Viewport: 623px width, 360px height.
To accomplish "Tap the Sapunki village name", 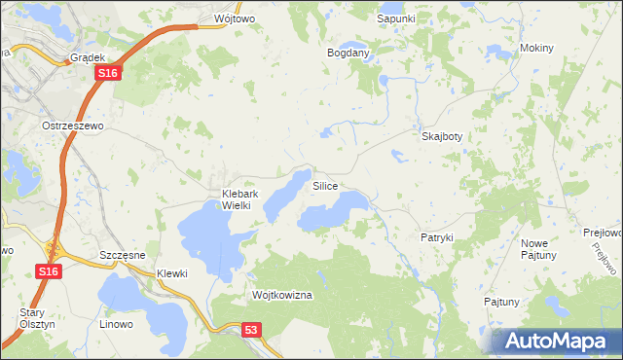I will point(396,18).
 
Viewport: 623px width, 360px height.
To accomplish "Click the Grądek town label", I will point(88,57).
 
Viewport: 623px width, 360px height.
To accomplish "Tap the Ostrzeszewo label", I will point(72,126).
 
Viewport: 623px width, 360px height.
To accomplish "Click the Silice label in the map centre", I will point(325,185).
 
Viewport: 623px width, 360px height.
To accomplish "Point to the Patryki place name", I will point(437,237).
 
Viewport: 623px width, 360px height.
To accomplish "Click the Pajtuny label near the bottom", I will point(501,302).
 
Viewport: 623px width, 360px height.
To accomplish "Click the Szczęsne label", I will point(123,254).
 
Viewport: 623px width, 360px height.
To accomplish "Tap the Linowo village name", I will point(116,321).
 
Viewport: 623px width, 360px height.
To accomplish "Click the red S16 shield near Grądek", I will point(109,73).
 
